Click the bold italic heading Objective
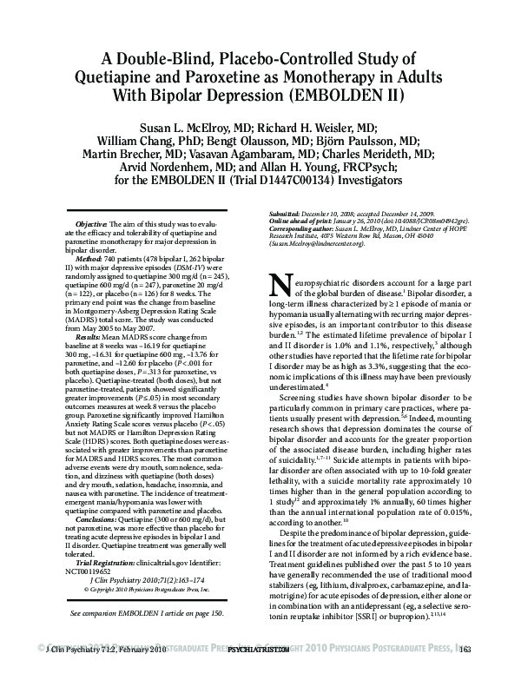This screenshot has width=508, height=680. tap(93, 224)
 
